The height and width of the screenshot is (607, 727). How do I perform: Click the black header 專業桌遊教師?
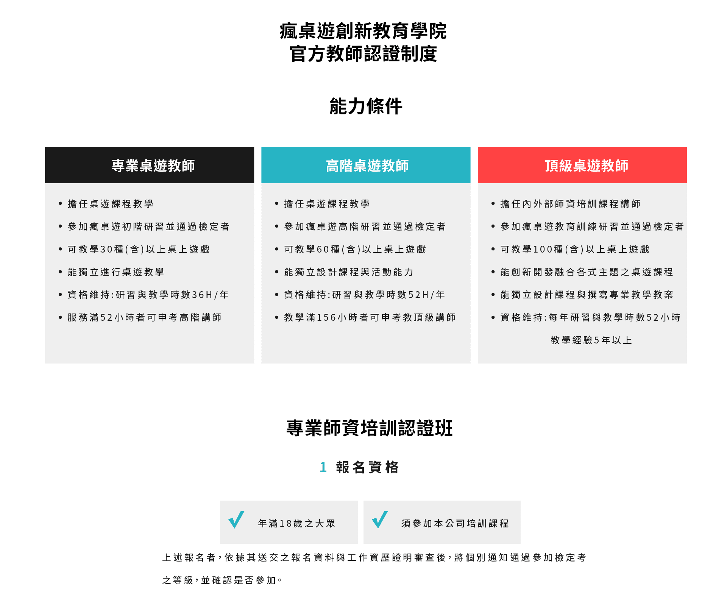[150, 165]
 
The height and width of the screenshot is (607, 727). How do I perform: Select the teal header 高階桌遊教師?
[366, 165]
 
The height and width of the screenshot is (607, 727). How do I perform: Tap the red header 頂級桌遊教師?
[582, 165]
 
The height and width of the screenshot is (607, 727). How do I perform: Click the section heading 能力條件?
[366, 106]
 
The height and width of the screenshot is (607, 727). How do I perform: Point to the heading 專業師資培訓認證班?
[370, 428]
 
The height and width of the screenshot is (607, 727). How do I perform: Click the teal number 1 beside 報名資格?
[323, 467]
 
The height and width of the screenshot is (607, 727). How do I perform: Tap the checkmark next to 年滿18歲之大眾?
[236, 520]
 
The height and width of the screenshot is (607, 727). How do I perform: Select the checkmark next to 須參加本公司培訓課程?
[380, 520]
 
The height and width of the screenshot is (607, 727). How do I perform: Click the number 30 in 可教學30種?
[106, 249]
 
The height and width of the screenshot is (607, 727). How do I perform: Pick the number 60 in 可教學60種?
[323, 249]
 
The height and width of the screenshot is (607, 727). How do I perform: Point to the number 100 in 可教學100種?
[543, 249]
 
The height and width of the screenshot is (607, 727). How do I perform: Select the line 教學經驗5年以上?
[591, 340]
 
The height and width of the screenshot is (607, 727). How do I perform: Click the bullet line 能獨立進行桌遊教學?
[116, 272]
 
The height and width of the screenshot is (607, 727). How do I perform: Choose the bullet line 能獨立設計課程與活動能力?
[349, 272]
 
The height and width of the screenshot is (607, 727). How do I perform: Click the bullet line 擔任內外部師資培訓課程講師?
[570, 204]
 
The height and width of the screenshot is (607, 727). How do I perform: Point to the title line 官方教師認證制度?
[363, 54]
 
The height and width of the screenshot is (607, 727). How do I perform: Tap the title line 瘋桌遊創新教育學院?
[363, 31]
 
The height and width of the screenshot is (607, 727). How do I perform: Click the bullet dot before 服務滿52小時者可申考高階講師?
[60, 317]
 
